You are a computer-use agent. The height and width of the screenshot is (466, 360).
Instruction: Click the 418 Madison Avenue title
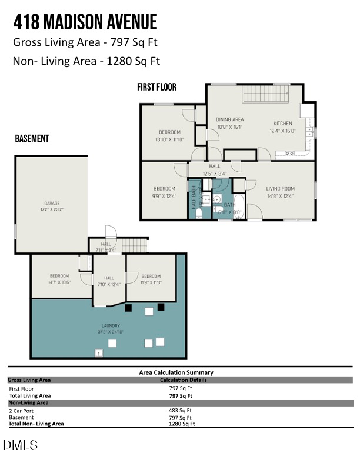(x=85, y=22)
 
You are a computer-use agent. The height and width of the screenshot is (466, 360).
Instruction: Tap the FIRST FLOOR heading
(x=156, y=87)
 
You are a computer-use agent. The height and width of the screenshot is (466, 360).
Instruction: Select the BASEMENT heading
(x=32, y=139)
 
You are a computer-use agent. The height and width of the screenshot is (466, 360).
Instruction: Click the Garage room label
(x=52, y=205)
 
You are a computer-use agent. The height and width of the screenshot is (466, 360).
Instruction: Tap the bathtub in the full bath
(x=239, y=208)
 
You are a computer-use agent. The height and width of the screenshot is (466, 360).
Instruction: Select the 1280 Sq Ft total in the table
(x=182, y=424)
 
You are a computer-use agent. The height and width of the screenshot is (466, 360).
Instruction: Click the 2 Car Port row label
(x=21, y=410)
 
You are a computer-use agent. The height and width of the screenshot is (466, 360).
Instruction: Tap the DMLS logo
(x=20, y=445)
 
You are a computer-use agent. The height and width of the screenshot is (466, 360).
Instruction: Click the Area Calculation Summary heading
(x=176, y=372)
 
